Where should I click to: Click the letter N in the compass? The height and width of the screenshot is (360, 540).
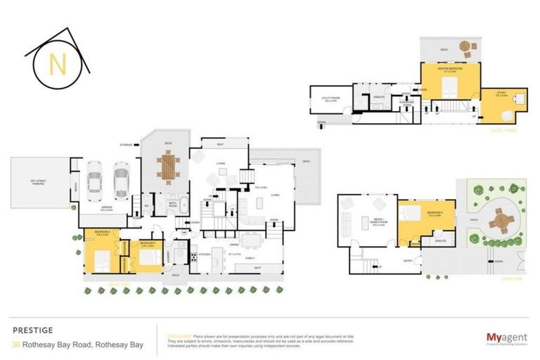(57, 64)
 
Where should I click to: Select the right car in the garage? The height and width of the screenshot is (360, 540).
(121, 181)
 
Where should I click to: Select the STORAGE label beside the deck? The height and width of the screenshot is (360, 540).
(127, 143)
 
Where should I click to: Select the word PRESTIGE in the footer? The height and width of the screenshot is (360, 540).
(32, 329)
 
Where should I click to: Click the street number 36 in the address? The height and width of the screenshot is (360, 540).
(15, 345)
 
